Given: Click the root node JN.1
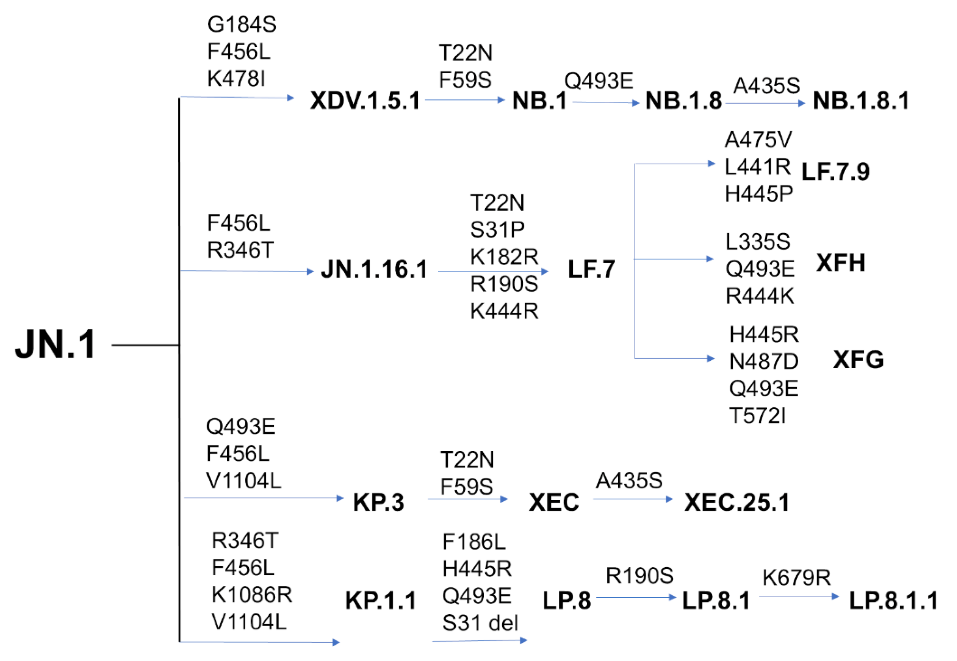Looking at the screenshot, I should (55, 344).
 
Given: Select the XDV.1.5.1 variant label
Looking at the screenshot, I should (365, 101).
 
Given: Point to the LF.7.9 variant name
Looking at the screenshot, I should (835, 171).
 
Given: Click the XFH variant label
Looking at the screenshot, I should (840, 263).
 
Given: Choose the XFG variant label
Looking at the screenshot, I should (858, 359).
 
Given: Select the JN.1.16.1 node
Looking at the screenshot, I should (374, 269).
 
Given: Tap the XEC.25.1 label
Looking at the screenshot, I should (737, 502).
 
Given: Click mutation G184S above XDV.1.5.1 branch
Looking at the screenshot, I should (242, 24).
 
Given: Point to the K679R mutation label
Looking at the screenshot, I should (796, 577).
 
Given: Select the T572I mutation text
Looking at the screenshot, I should (757, 416).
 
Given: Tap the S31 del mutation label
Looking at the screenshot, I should (479, 623).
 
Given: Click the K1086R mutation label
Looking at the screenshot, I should (251, 595).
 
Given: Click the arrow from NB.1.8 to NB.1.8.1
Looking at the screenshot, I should (765, 103).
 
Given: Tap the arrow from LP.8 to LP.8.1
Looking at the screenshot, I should (636, 597).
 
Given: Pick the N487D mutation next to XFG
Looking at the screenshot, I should (763, 361).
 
